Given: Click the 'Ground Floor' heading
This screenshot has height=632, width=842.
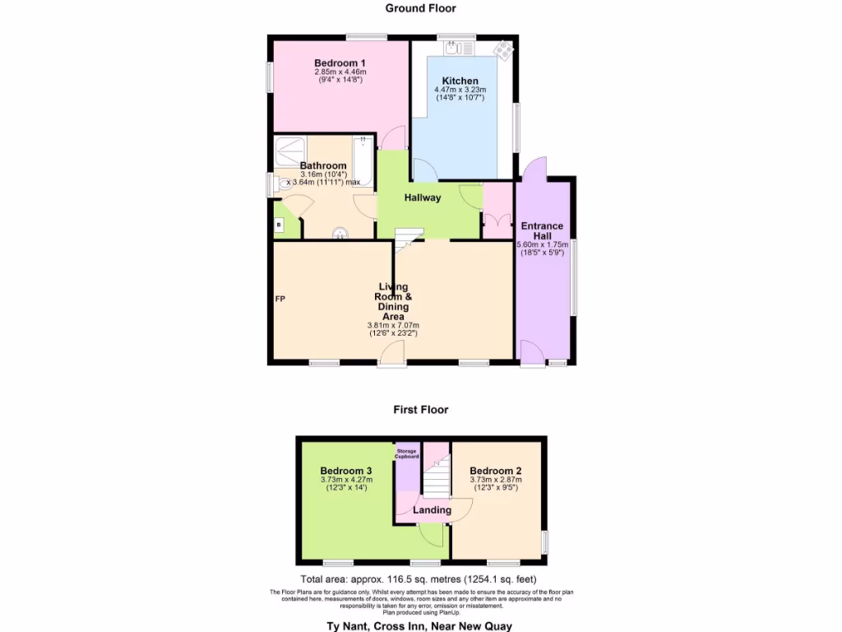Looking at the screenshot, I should click(x=421, y=8).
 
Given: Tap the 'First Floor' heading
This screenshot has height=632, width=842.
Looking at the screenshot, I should click(x=421, y=409).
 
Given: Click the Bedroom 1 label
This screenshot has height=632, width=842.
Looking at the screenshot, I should click(x=340, y=63).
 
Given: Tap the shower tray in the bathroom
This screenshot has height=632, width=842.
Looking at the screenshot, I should click(x=289, y=149).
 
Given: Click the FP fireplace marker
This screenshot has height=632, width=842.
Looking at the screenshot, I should click(x=280, y=298).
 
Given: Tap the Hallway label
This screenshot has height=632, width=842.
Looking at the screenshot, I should click(x=423, y=197).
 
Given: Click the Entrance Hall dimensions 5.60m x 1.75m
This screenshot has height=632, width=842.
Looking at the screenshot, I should click(x=543, y=244).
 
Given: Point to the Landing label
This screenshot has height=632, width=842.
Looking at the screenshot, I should click(x=432, y=510).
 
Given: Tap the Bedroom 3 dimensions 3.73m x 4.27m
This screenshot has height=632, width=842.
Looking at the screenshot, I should click(x=346, y=480).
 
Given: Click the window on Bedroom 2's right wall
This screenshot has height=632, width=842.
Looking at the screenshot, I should click(x=545, y=543).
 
